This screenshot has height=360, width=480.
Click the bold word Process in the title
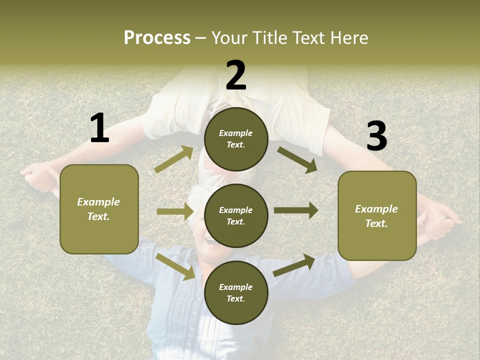tap(157, 37)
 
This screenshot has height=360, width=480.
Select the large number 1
tap(99, 128)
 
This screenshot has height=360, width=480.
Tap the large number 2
tap(236, 75)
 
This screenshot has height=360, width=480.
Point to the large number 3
tap(376, 136)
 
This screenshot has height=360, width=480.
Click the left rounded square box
tap(99, 209)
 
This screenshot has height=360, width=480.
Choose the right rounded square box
tap(377, 215)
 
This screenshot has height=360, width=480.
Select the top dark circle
tap(236, 139)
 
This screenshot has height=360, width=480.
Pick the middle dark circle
tap(236, 215)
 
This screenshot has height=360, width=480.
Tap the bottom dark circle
tap(236, 292)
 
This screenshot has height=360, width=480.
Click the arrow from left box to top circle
tap(174, 159)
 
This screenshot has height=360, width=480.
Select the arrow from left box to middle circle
tap(175, 211)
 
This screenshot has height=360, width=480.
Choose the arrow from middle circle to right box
tap(296, 210)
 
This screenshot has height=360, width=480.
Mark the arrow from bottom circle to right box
tap(294, 265)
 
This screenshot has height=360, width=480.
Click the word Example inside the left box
tap(98, 202)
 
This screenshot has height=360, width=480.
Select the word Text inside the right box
tap(376, 223)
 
